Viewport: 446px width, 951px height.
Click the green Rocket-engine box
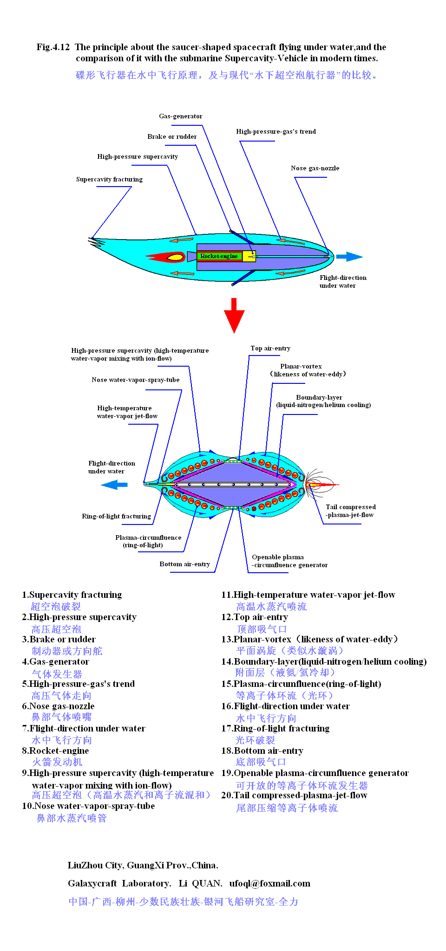[219, 256]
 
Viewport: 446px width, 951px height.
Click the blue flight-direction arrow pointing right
[349, 257]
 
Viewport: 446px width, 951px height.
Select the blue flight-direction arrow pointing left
[114, 485]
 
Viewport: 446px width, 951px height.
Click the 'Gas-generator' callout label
[180, 116]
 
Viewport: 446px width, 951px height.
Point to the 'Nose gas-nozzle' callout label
[315, 168]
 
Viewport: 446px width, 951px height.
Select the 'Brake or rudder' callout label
[172, 136]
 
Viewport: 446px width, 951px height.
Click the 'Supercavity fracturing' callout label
[109, 179]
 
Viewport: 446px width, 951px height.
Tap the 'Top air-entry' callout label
[270, 348]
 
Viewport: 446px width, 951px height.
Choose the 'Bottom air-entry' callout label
[184, 564]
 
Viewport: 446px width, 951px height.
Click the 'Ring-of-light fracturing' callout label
[116, 516]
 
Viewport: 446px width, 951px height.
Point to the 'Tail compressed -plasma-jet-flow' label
[350, 511]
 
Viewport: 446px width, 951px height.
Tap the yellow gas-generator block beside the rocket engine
[249, 256]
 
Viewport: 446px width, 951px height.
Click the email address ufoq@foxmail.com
[269, 883]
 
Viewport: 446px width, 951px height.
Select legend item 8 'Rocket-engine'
[55, 750]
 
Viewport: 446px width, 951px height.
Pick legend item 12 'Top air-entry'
[255, 617]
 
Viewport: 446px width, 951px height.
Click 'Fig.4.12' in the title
[53, 47]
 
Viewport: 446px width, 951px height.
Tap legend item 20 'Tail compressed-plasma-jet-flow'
[294, 795]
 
